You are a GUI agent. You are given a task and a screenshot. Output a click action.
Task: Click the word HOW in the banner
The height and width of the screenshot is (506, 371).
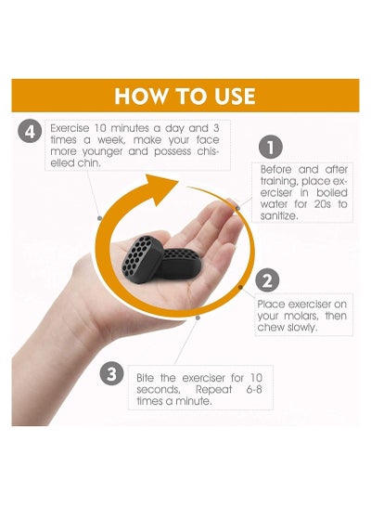(x=141, y=96)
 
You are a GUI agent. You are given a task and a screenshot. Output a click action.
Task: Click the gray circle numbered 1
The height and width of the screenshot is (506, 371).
(x=271, y=147)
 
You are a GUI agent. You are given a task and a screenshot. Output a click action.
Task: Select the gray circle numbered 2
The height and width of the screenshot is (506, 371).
(x=267, y=280)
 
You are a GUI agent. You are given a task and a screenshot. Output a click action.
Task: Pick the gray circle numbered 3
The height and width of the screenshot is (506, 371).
(x=111, y=373)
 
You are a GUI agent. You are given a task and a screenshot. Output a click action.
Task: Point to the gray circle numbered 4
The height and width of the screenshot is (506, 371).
(x=30, y=132)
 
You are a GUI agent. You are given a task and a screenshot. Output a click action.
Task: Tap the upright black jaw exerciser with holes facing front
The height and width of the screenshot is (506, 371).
(x=142, y=259)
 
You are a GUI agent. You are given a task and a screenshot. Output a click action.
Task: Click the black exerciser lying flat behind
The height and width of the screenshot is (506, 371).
(x=181, y=264)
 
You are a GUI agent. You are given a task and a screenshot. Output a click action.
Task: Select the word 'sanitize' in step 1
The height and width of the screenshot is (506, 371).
(x=279, y=216)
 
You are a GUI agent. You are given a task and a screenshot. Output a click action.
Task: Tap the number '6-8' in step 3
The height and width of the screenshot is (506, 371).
(x=254, y=390)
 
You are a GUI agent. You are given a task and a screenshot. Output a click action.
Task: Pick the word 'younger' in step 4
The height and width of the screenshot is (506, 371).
(x=102, y=152)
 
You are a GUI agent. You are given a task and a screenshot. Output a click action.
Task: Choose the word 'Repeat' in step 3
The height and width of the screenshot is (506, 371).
(x=213, y=390)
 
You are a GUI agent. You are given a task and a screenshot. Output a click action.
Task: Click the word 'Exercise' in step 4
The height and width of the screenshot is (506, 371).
(x=70, y=128)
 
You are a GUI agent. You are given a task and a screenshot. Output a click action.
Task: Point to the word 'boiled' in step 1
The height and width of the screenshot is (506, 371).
(x=332, y=193)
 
